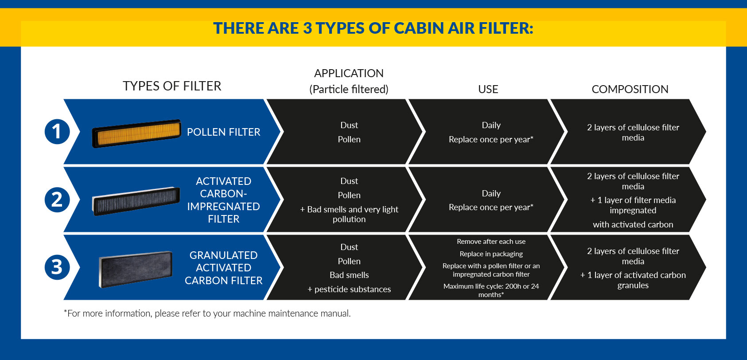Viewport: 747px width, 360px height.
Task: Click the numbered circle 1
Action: pyautogui.click(x=57, y=132)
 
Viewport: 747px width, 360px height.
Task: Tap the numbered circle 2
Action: pyautogui.click(x=57, y=200)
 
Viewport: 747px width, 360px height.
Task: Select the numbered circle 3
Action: pyautogui.click(x=57, y=267)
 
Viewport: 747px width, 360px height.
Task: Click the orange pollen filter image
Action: pyautogui.click(x=136, y=133)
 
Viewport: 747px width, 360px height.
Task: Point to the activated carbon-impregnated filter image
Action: pyautogui.click(x=136, y=201)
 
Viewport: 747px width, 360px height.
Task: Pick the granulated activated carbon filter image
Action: pyautogui.click(x=136, y=269)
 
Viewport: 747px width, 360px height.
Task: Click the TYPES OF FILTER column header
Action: pyautogui.click(x=172, y=86)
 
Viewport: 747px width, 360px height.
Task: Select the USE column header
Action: pyautogui.click(x=488, y=89)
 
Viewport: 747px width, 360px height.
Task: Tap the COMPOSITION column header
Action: pyautogui.click(x=630, y=89)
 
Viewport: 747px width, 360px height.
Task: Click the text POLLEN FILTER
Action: pyautogui.click(x=223, y=132)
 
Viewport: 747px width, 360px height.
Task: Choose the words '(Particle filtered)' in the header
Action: pyautogui.click(x=349, y=90)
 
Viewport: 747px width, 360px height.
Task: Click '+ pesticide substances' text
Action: pyautogui.click(x=349, y=289)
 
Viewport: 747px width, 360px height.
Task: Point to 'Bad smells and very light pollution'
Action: pyautogui.click(x=349, y=214)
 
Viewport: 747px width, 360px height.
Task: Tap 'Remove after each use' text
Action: pyautogui.click(x=491, y=241)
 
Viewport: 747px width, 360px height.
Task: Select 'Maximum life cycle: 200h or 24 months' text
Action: pyautogui.click(x=491, y=290)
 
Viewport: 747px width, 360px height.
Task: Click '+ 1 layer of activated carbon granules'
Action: pyautogui.click(x=633, y=280)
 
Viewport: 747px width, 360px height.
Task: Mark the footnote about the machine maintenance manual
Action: pyautogui.click(x=207, y=313)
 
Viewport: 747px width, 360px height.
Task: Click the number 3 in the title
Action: pyautogui.click(x=307, y=28)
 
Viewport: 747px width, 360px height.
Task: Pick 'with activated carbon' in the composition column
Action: pyautogui.click(x=633, y=224)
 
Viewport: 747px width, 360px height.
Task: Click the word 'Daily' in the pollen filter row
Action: pyautogui.click(x=491, y=125)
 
